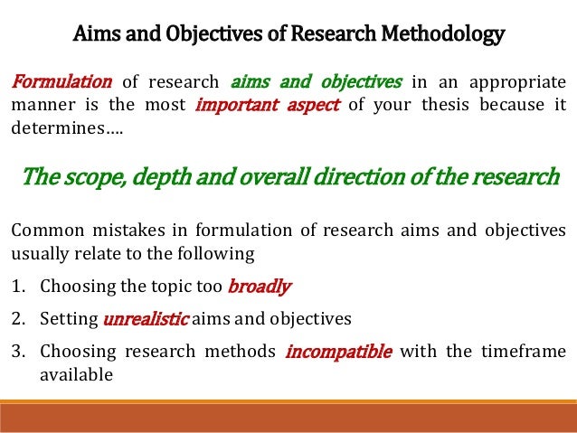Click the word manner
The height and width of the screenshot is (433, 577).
(42, 105)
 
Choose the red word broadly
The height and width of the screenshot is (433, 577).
(259, 288)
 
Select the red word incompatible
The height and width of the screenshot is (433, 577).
(338, 351)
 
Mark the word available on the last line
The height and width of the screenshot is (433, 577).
(76, 372)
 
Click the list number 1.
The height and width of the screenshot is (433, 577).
(17, 288)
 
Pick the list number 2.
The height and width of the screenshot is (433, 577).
(17, 319)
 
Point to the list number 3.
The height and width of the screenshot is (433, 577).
(17, 351)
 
